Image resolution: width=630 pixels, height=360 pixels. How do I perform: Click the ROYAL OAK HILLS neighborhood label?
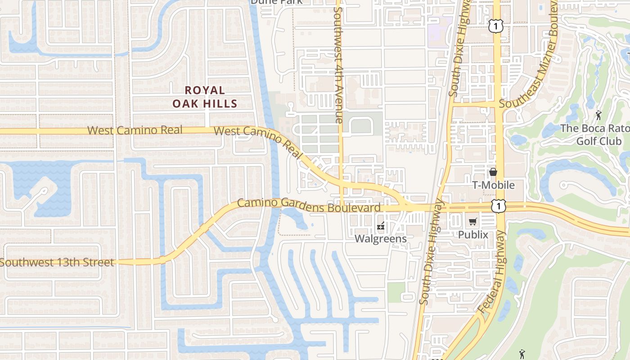(x=205, y=97)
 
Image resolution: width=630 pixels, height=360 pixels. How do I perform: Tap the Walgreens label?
(x=381, y=238)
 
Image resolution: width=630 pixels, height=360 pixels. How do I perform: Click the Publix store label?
(x=473, y=234)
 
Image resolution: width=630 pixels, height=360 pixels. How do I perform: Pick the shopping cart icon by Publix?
(x=472, y=221)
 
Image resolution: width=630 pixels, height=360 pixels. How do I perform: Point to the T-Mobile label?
(x=493, y=185)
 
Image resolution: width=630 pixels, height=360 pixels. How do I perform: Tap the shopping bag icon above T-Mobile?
(x=493, y=172)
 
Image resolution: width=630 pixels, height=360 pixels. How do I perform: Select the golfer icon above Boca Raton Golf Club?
(x=598, y=115)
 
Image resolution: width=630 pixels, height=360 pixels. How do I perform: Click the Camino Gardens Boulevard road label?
(x=309, y=205)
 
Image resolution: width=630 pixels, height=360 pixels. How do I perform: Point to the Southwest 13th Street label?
(x=57, y=262)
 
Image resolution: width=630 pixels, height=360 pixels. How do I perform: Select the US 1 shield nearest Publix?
(x=498, y=206)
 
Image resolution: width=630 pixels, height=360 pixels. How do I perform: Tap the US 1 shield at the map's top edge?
(x=495, y=27)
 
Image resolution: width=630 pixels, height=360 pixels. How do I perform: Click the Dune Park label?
(x=276, y=2)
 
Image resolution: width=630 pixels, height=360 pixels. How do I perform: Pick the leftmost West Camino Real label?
(x=135, y=130)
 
